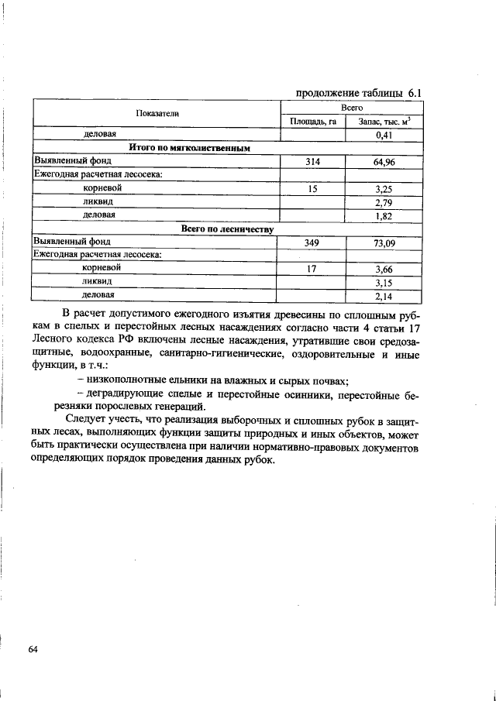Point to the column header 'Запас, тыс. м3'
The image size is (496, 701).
click(384, 121)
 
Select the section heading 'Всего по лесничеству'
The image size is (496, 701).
click(227, 229)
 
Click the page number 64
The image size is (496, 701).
click(33, 648)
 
